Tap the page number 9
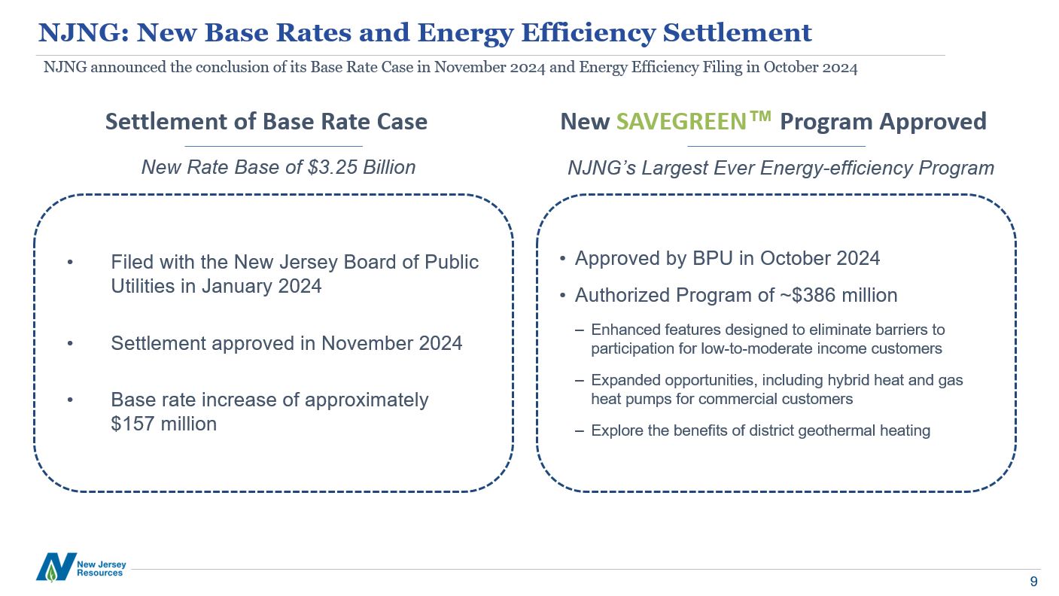(1033, 582)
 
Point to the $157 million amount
(163, 424)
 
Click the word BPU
(711, 259)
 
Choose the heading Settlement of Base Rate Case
(266, 122)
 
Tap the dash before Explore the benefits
(578, 431)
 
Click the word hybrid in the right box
(829, 380)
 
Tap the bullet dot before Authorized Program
(563, 296)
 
